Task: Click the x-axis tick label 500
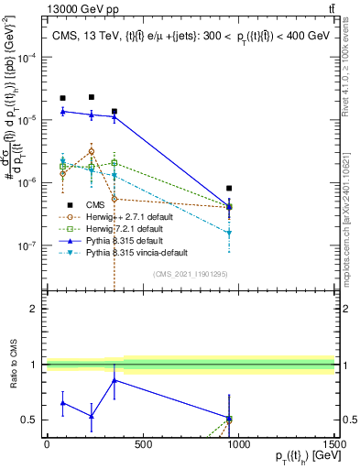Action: pos(142,443)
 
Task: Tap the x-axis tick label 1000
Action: pos(238,443)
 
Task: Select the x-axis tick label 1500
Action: pos(334,443)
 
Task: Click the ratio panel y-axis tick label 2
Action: pos(37,309)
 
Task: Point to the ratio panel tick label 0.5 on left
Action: pos(33,420)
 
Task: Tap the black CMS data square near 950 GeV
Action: pos(229,188)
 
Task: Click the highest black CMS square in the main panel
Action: pos(92,96)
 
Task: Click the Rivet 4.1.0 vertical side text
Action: pos(352,69)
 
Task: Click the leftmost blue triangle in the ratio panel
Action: pos(62,402)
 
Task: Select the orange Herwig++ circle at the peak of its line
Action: pos(92,151)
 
